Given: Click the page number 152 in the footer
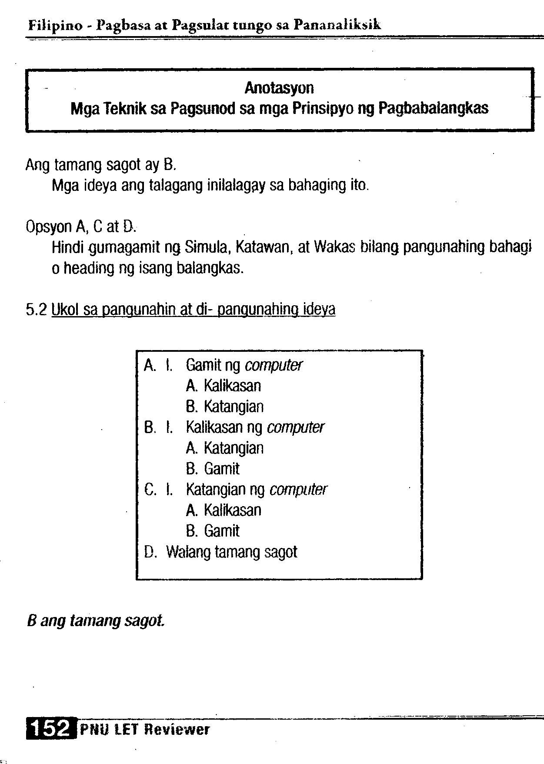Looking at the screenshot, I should pyautogui.click(x=51, y=728).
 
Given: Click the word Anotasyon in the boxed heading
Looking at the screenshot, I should pyautogui.click(x=279, y=88).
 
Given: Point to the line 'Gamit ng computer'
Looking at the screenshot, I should pyautogui.click(x=244, y=365).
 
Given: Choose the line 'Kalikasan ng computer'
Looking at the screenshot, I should pyautogui.click(x=255, y=427).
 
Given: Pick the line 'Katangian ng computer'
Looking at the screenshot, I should pyautogui.click(x=257, y=490).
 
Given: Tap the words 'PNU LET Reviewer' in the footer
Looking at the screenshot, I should pyautogui.click(x=145, y=729).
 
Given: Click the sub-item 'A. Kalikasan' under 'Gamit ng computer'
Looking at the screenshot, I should pyautogui.click(x=224, y=386).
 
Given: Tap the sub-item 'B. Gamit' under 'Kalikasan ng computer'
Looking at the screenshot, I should pyautogui.click(x=213, y=469).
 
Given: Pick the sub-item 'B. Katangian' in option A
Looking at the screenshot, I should pyautogui.click(x=225, y=407).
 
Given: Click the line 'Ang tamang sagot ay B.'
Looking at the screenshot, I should pyautogui.click(x=100, y=165).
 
